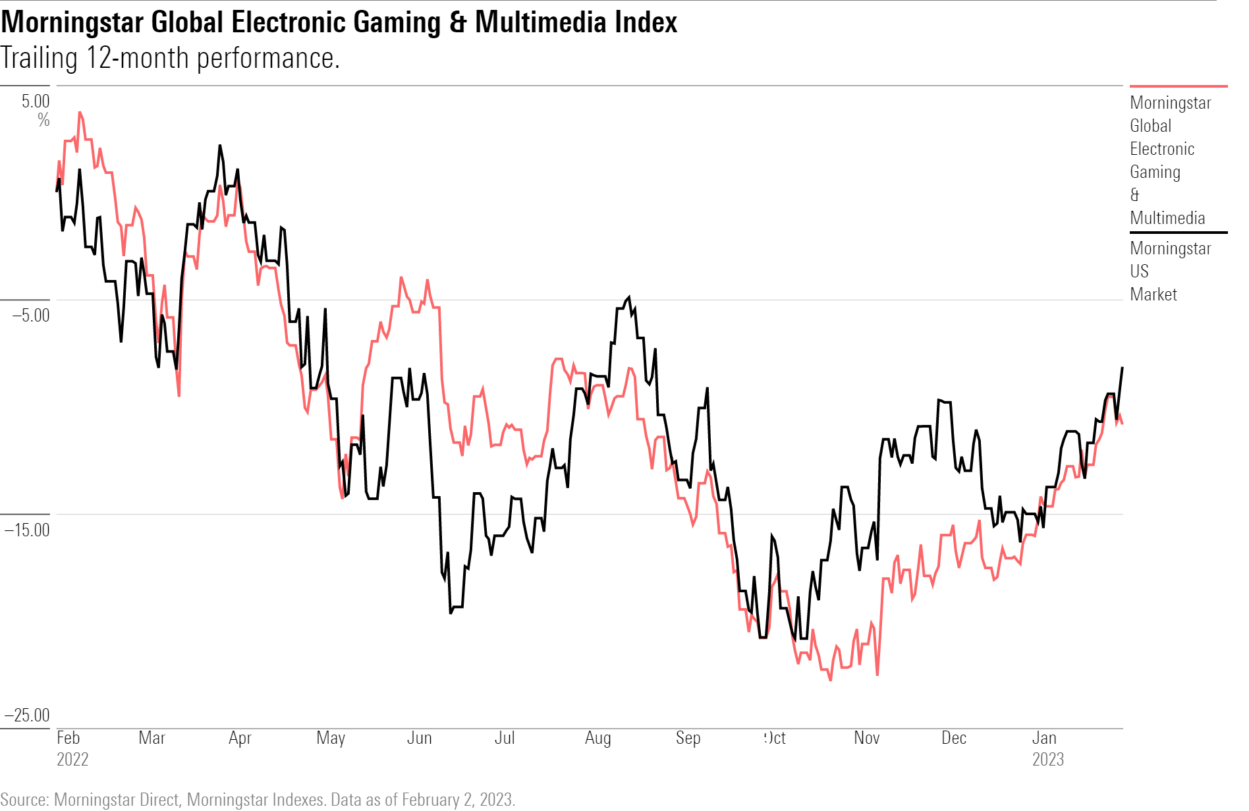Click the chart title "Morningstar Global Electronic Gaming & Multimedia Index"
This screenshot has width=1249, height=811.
[339, 22]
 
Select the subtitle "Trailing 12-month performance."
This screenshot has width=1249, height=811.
[170, 58]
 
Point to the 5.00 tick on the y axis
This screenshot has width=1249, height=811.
[36, 101]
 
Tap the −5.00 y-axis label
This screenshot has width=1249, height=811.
[30, 315]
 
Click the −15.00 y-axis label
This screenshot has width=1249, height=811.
[27, 530]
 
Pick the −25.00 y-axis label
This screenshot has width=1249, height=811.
[27, 715]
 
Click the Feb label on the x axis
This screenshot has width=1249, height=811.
[68, 738]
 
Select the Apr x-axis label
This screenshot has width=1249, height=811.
[240, 738]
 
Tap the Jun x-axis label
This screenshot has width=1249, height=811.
[419, 738]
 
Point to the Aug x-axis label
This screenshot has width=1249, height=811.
[597, 738]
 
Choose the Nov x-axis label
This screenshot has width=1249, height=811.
[866, 738]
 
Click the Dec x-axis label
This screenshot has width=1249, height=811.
[953, 738]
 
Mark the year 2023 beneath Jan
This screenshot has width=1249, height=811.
[1047, 760]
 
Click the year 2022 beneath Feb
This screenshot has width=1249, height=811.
[72, 760]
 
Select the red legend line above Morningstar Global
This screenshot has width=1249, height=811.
[1178, 86]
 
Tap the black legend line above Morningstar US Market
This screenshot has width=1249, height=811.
[1178, 233]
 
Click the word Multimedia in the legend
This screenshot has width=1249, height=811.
[1167, 218]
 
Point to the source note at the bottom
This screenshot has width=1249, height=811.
[258, 799]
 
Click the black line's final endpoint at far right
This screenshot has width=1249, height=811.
[1122, 368]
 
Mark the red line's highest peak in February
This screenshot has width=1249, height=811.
[80, 112]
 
